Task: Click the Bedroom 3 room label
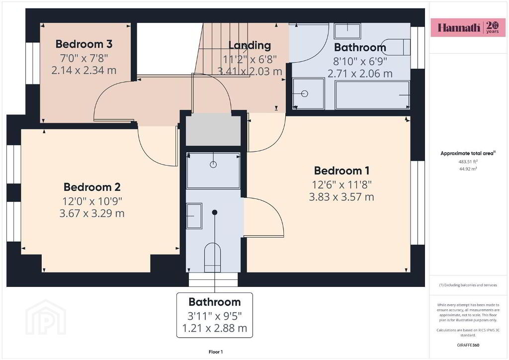tap(84, 44)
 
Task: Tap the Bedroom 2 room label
tap(92, 187)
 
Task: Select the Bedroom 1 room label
tap(341, 171)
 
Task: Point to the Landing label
tap(250, 45)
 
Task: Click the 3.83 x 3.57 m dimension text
tap(341, 197)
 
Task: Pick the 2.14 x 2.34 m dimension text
tap(84, 70)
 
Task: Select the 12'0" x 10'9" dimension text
tap(92, 201)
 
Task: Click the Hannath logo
tap(468, 27)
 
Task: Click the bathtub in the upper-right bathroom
tap(372, 95)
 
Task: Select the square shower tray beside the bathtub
tap(308, 93)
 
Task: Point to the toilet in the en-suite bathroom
tap(213, 258)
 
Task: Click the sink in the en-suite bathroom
tap(194, 216)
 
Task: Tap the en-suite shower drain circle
tap(213, 164)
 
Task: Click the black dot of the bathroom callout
tap(215, 212)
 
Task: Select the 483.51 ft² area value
tap(468, 161)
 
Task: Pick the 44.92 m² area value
tap(468, 169)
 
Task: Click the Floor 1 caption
tap(216, 352)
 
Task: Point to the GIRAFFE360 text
tap(468, 345)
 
